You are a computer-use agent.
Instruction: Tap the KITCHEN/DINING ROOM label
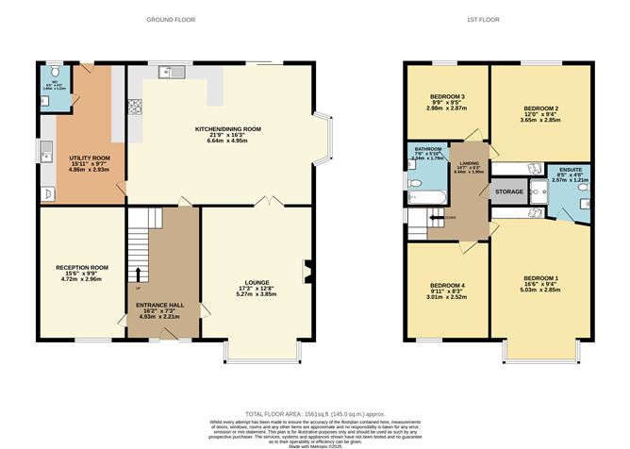point(227,128)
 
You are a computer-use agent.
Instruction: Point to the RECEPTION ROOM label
point(81,267)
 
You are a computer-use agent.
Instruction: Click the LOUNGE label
point(256,280)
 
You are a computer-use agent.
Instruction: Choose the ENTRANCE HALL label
point(160,305)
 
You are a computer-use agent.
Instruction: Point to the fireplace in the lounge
point(305,272)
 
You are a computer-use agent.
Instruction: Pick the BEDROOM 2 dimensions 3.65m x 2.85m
point(540,122)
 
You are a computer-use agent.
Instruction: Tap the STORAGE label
point(510,191)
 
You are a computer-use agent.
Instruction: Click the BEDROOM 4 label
point(448,286)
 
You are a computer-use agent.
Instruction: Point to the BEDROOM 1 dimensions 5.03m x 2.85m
point(543,291)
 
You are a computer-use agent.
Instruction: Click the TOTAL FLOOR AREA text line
point(315,414)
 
